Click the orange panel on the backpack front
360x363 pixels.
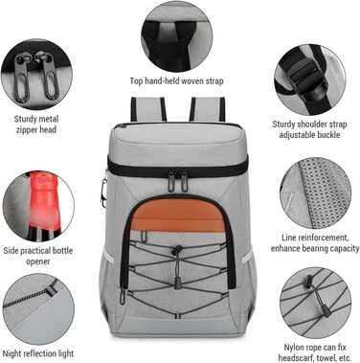179,215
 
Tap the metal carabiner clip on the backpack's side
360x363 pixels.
103,191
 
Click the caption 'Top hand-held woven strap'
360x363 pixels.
176,81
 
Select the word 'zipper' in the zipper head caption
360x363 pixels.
26,130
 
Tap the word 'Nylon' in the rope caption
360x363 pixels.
294,348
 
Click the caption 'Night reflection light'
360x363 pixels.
38,353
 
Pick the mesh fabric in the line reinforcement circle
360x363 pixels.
324,193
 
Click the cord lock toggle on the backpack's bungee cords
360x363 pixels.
177,250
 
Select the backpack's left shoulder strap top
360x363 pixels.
148,109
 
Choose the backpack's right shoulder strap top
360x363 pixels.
208,109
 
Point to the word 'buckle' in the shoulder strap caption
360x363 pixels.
328,135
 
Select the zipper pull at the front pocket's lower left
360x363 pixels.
123,295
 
